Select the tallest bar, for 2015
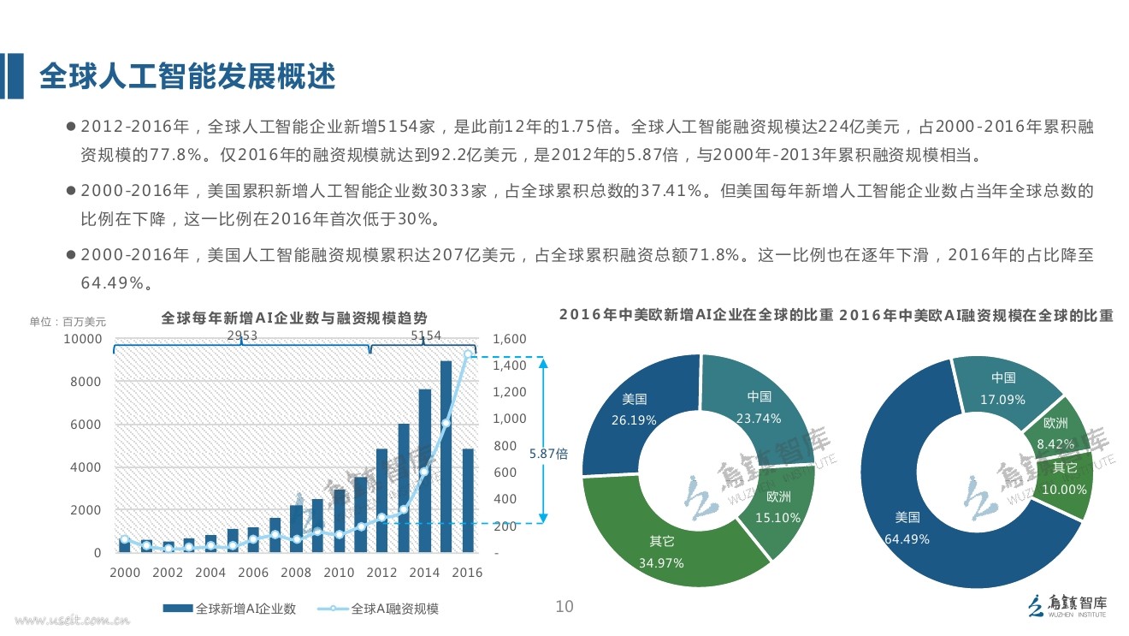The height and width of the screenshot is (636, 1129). point(446,457)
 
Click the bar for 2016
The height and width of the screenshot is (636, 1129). point(468,501)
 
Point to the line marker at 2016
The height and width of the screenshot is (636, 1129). point(468,354)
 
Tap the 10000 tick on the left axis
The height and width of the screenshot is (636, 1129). point(85,340)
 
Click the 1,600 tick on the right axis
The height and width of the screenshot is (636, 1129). point(510,340)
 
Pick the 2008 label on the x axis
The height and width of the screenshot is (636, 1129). point(296,573)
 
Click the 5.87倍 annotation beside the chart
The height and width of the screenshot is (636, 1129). point(548,454)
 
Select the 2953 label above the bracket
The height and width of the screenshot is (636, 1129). point(242,336)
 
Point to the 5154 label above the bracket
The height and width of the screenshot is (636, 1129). point(426,336)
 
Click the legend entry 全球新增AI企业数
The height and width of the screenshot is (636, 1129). point(245,609)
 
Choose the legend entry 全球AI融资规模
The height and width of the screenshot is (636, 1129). point(394,609)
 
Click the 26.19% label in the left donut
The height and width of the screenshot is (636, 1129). point(634,420)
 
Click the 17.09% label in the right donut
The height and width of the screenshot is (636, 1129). point(1003,399)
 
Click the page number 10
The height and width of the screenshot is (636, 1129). point(564,607)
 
